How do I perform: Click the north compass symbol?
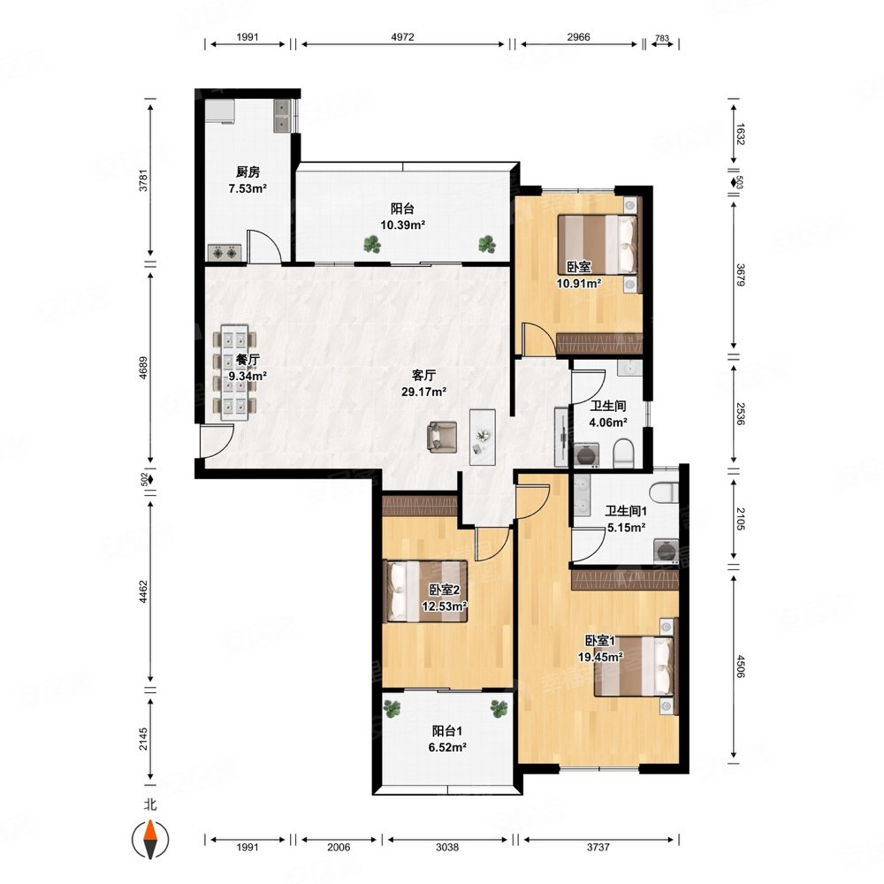point(150,838)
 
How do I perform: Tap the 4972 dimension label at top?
point(402,37)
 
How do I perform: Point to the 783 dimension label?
point(662,38)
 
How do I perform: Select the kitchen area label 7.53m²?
point(248,189)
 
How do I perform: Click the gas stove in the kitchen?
point(225,253)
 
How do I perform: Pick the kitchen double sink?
point(283,116)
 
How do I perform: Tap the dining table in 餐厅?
point(234,372)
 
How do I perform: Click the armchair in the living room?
point(441,437)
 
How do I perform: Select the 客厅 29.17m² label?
point(424,384)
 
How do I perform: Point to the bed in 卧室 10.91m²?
point(598,244)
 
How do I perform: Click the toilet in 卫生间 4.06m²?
point(623,454)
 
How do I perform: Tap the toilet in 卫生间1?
point(663,492)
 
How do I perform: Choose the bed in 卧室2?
point(425,591)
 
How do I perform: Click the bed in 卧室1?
point(635,667)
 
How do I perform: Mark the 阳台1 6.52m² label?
point(447,739)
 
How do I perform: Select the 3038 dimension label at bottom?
point(447,847)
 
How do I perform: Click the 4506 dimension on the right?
point(740,667)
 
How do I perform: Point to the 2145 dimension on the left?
point(143,738)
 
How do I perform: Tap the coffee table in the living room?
point(483,437)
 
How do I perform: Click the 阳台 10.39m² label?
point(402,217)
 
